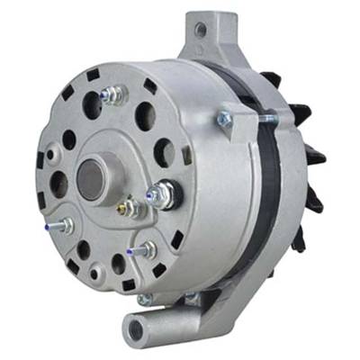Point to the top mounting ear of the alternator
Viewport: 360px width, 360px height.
point(202,36)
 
